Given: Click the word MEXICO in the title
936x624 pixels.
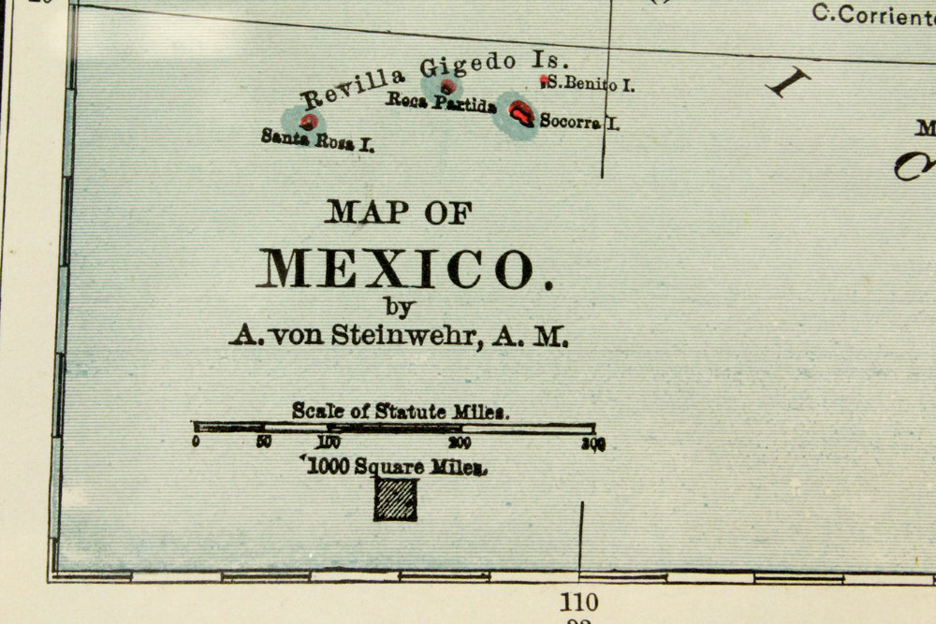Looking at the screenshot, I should coord(395,268).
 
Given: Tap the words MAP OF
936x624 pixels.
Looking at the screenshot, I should coord(399,212).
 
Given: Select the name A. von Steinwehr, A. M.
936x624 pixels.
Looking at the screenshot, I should coord(399,336).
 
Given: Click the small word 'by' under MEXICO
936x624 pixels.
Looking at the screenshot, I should coord(398,306).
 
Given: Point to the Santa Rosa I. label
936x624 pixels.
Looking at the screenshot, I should coord(317,140).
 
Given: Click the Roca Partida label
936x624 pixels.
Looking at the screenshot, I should coord(441,103).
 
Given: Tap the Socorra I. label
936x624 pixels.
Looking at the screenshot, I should coord(579,122).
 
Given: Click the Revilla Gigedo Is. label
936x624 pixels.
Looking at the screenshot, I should coord(433,79).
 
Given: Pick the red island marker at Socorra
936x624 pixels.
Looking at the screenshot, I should coord(520,113).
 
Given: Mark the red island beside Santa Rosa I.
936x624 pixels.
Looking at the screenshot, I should coord(309,122).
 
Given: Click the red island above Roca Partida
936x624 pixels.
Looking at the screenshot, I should coord(448,87).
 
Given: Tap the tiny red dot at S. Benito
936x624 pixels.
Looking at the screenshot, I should coord(544,81).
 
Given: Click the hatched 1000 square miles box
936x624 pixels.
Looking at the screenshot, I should coord(396,500).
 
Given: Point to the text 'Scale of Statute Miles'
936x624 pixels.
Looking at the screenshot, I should coord(401,411).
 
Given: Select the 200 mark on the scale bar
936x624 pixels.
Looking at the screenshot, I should coord(459,443).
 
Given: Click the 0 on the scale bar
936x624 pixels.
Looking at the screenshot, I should coord(196,443).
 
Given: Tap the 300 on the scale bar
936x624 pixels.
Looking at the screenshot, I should coord(593,444).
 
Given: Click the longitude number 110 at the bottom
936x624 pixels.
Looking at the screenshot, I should coord(578,602).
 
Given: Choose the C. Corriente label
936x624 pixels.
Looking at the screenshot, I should coord(872,13).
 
